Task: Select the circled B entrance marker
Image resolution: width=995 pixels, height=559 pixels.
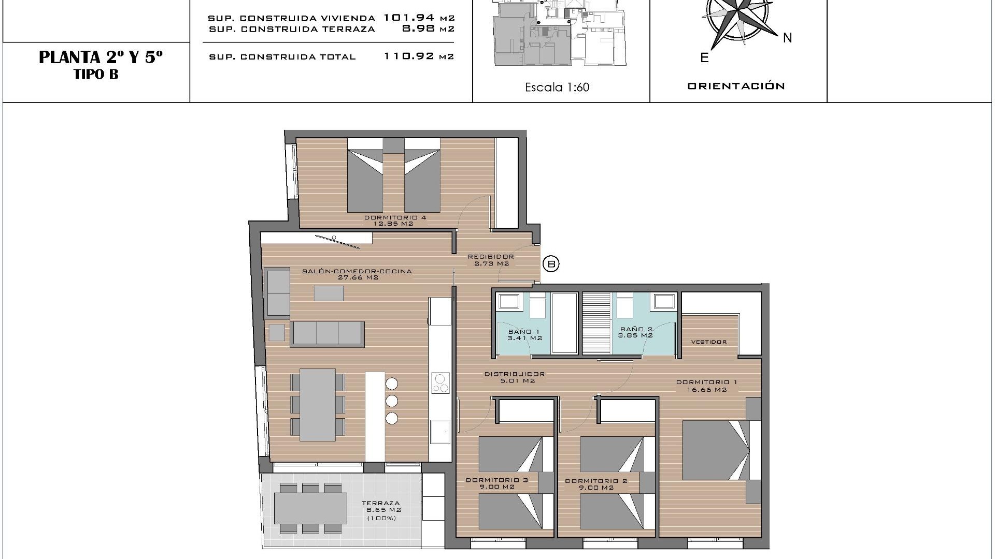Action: click(551, 264)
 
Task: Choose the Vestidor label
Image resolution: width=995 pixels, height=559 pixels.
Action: click(709, 342)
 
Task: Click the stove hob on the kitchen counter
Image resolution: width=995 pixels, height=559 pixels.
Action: click(440, 384)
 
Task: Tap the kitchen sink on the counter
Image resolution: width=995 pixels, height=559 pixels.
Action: click(440, 432)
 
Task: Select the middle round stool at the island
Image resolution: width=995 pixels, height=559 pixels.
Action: click(392, 401)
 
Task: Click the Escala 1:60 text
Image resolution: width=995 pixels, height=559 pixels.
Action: click(557, 87)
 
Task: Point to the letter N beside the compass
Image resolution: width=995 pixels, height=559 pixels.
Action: click(787, 38)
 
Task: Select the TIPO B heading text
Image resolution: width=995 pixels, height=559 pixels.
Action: click(96, 75)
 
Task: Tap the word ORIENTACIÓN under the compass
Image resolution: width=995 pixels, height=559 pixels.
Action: click(736, 86)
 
